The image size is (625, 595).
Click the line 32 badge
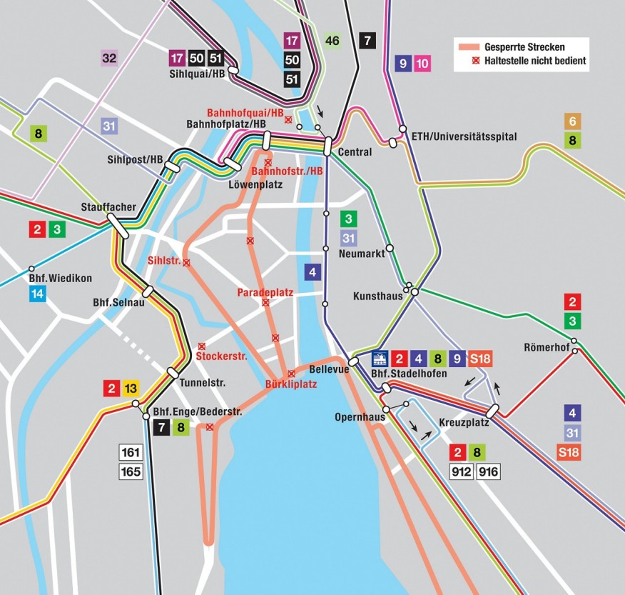tap(108, 58)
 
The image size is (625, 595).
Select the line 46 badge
tap(332, 40)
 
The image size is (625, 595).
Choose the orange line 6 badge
tap(572, 121)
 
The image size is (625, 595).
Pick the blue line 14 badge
tap(39, 293)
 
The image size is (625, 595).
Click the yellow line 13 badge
tap(130, 389)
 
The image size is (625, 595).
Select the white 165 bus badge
tap(131, 471)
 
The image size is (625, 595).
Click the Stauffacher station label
tap(108, 206)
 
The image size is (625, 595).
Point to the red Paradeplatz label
tap(265, 293)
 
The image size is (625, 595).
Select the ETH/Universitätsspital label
tap(464, 136)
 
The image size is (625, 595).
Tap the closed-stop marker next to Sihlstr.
tap(186, 263)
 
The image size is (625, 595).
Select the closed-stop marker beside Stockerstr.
tap(201, 346)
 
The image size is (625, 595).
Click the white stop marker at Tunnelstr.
tap(173, 372)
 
